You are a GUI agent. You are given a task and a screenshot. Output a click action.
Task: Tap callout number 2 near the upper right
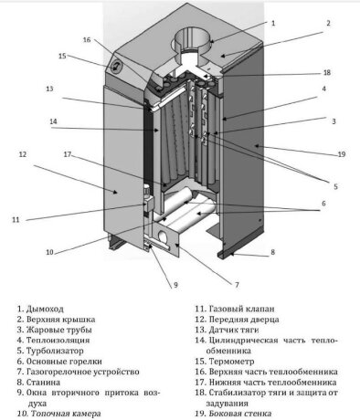click(328, 23)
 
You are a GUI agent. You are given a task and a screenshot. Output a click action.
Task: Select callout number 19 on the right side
click(342, 154)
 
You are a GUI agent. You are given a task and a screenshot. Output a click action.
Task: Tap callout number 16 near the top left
click(87, 40)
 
